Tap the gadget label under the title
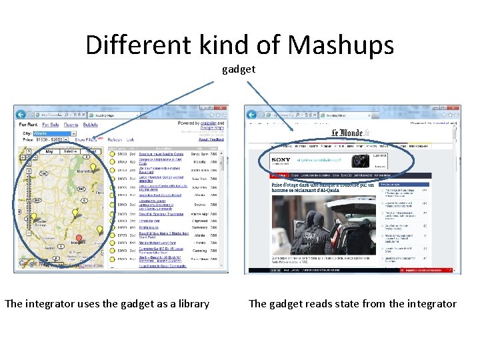coord(239,69)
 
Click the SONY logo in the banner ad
coord(281,160)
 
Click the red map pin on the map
coord(79,238)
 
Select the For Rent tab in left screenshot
coord(28,125)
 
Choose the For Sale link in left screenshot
coord(51,125)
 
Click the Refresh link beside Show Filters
coord(115,140)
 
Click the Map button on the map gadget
coord(49,151)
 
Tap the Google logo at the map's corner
coord(28,263)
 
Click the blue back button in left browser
coord(21,113)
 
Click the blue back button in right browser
coord(252,113)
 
